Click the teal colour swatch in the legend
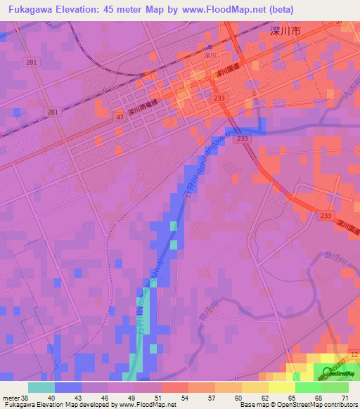pyautogui.click(x=41, y=388)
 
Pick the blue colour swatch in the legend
pyautogui.click(x=68, y=388)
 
